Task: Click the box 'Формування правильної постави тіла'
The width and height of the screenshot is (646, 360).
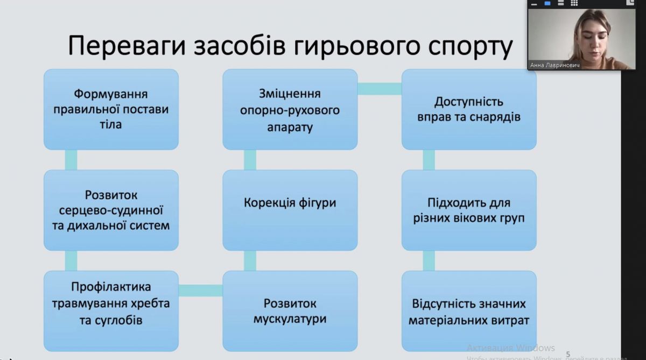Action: point(110,109)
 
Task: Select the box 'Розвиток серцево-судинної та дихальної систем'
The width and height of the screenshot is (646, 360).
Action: point(110,210)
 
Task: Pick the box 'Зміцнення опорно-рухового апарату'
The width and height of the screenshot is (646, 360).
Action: point(290,109)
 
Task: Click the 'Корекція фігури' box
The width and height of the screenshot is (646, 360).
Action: point(290,210)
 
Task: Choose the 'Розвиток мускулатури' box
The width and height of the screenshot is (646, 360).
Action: point(290,311)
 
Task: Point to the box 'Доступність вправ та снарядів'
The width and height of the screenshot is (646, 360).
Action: point(469,109)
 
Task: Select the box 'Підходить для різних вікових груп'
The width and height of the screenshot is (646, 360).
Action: point(469,210)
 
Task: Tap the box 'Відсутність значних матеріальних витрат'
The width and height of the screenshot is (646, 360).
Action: point(469,311)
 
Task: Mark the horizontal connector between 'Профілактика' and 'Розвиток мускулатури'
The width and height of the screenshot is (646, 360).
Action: point(200,291)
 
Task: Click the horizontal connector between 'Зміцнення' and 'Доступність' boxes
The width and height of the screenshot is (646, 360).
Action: point(380,89)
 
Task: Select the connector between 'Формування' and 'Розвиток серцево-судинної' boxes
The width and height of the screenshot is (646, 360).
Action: point(71,159)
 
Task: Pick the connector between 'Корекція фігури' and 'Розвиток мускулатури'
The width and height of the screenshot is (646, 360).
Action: point(250,260)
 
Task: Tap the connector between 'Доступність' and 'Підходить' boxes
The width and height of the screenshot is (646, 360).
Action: point(429,159)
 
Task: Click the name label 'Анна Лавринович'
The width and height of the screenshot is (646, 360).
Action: point(554,65)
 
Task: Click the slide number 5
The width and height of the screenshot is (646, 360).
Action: point(567,354)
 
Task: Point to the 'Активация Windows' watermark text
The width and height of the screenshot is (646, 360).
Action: point(510,348)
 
